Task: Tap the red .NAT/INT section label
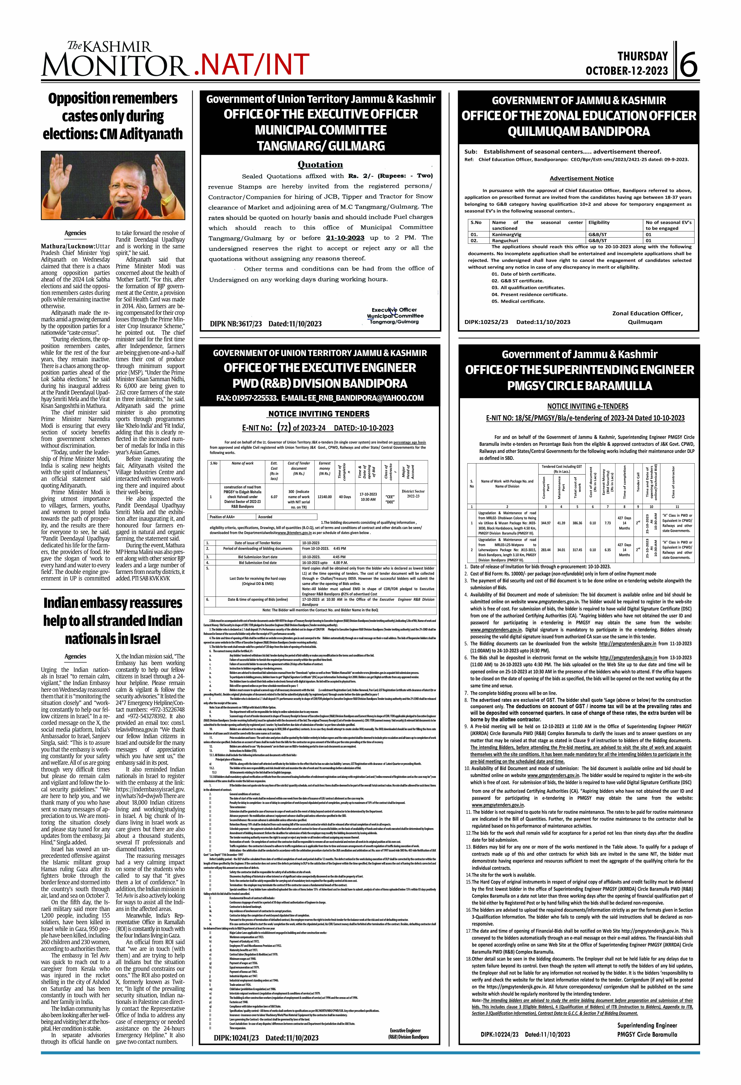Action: coord(251,64)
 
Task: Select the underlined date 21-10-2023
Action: coord(345,238)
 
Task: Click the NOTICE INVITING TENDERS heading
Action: coord(319,414)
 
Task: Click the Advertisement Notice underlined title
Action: coord(581,178)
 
